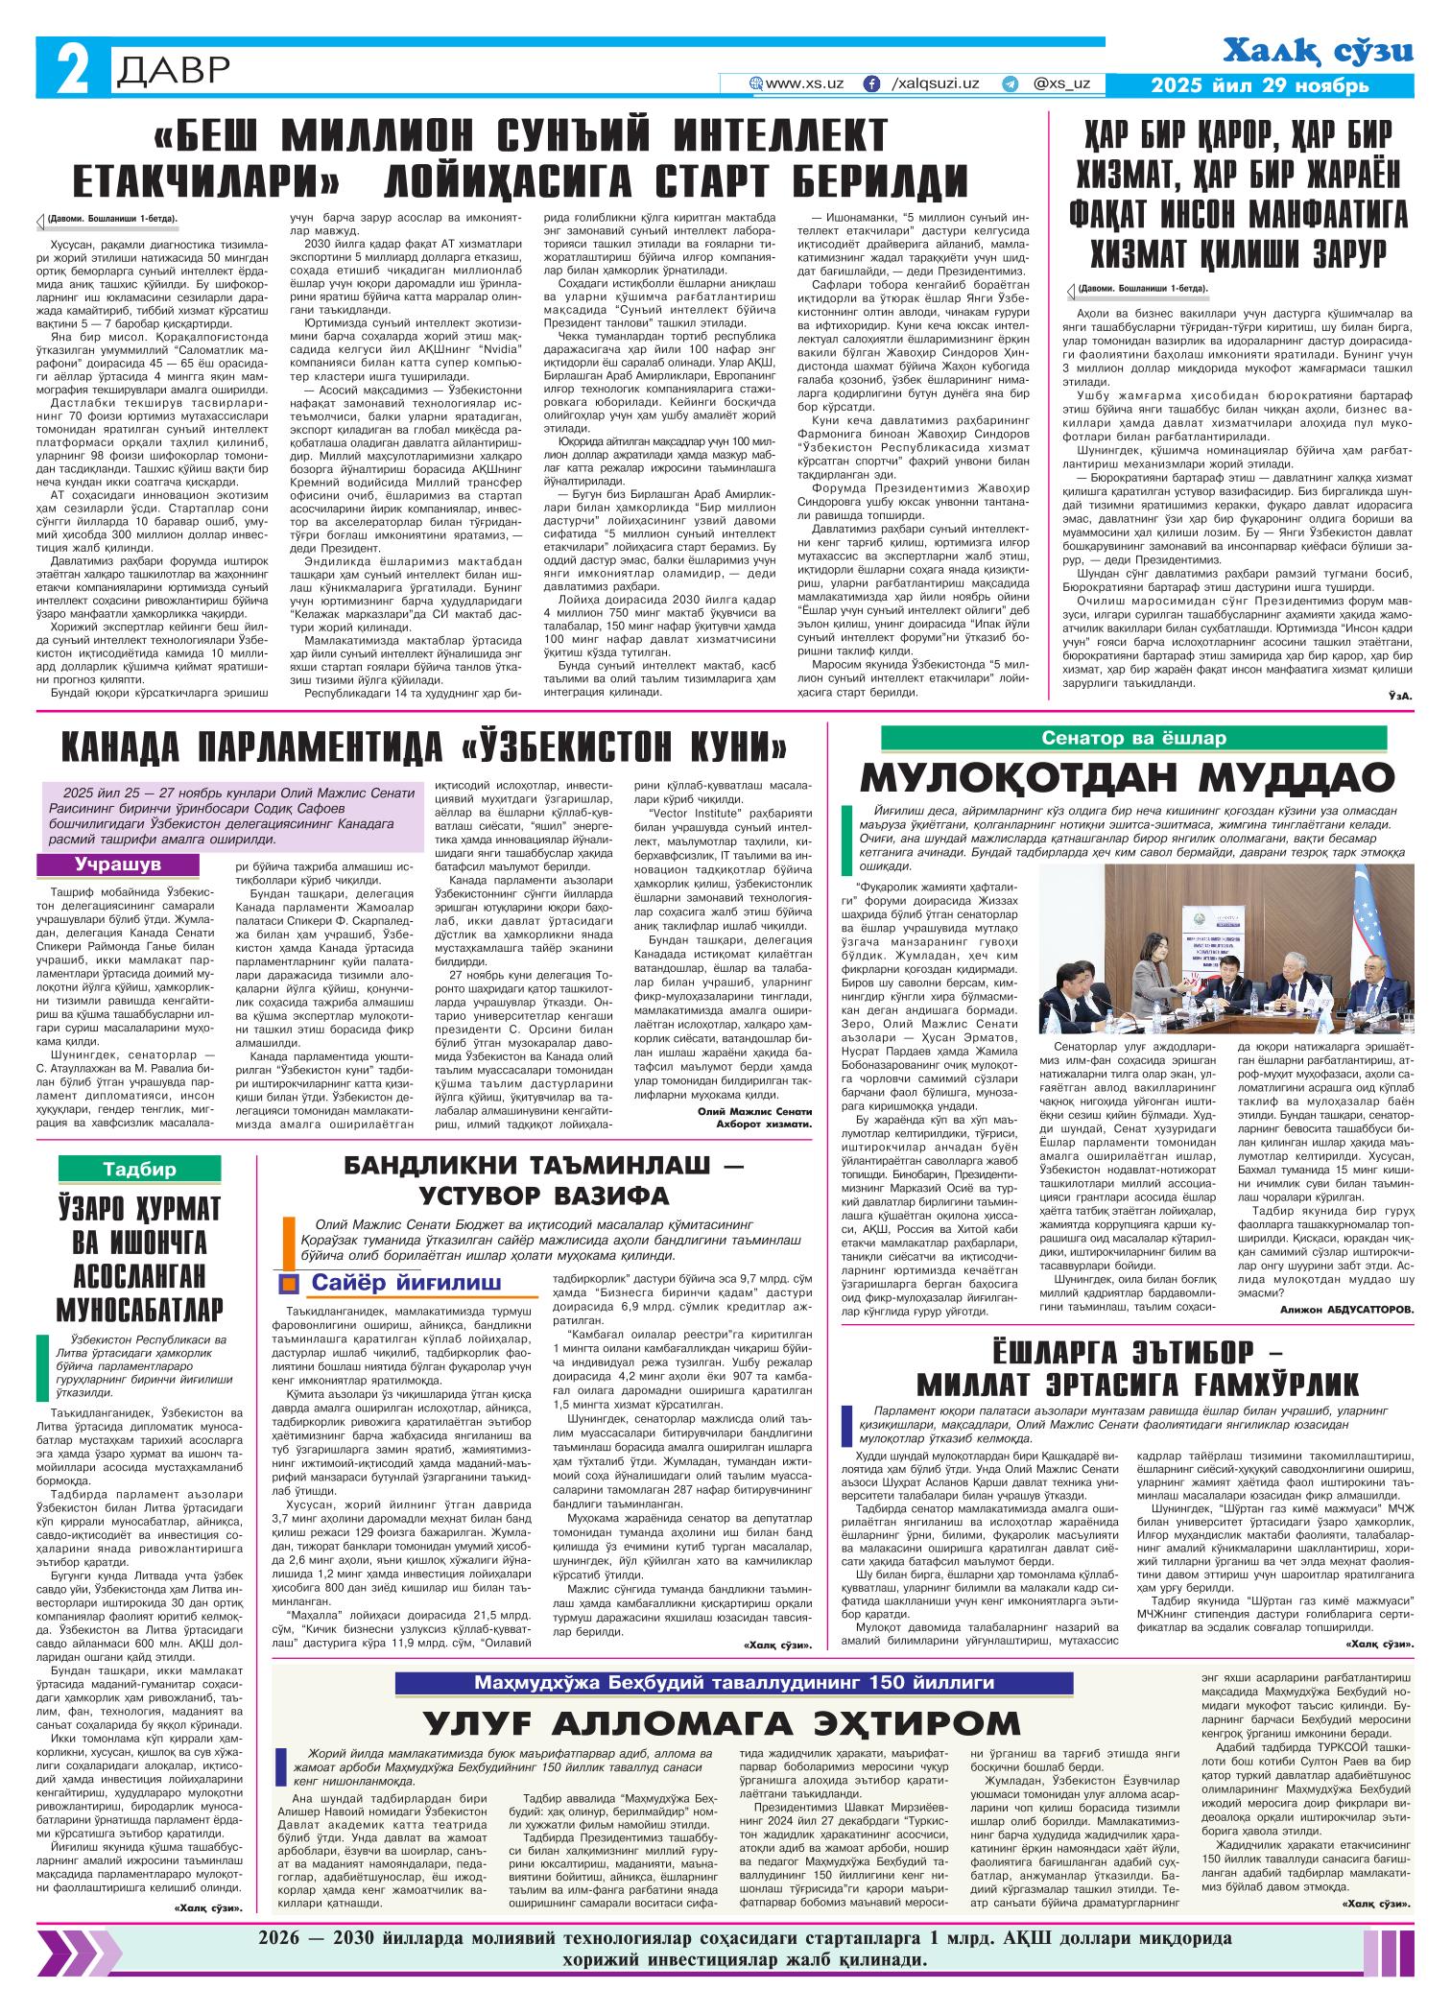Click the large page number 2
click(x=71, y=71)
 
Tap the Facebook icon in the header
click(x=872, y=83)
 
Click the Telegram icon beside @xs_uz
click(x=1009, y=83)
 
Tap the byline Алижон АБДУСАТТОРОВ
click(x=1345, y=1309)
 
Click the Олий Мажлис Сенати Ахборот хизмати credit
click(x=755, y=1117)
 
